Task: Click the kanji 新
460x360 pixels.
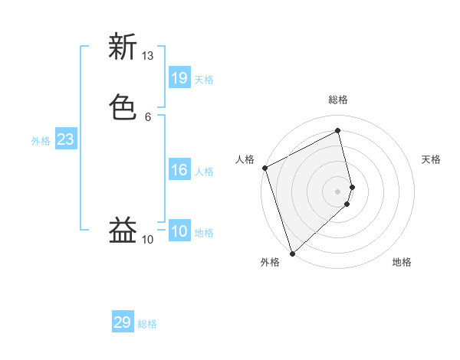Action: pyautogui.click(x=123, y=47)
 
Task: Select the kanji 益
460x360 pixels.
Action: pyautogui.click(x=123, y=230)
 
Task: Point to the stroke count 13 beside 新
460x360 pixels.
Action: pyautogui.click(x=148, y=56)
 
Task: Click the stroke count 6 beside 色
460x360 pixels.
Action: pyautogui.click(x=148, y=116)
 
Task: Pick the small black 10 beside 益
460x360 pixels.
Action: pyautogui.click(x=148, y=240)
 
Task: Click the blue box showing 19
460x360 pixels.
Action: pyautogui.click(x=179, y=77)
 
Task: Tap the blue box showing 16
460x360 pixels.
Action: pyautogui.click(x=179, y=170)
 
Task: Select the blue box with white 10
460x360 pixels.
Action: pyautogui.click(x=179, y=231)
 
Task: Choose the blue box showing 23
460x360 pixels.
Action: pyautogui.click(x=65, y=139)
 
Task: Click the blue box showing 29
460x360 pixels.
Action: pyautogui.click(x=123, y=322)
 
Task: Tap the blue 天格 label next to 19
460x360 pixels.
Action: pyautogui.click(x=204, y=80)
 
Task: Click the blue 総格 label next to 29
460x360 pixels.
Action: pyautogui.click(x=147, y=325)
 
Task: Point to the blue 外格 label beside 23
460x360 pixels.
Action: pyautogui.click(x=41, y=141)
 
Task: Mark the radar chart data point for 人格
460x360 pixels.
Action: pyautogui.click(x=264, y=168)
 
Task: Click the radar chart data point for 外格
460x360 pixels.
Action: pyautogui.click(x=292, y=253)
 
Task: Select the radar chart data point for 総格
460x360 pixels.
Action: pyautogui.click(x=337, y=131)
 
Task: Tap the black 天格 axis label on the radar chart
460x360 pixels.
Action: pyautogui.click(x=432, y=159)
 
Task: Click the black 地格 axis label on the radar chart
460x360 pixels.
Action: pyautogui.click(x=402, y=263)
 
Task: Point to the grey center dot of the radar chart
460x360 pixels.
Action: pyautogui.click(x=337, y=191)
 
